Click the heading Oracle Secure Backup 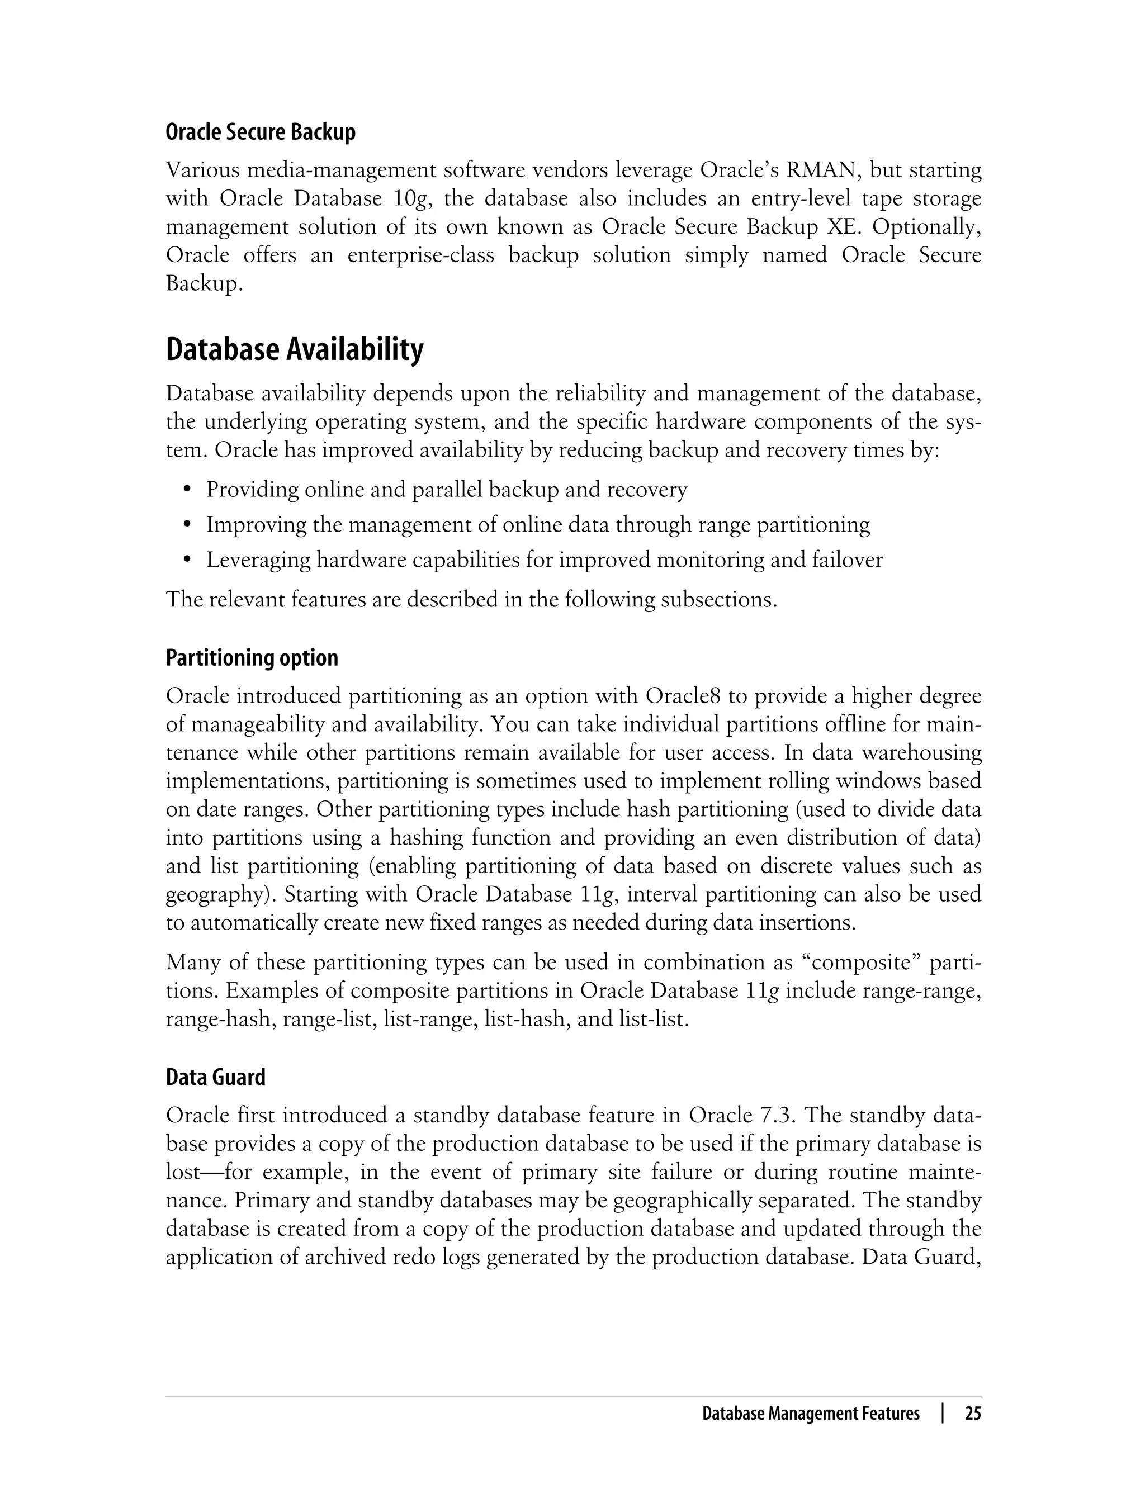(261, 132)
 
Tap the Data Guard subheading (215, 1077)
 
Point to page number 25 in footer (973, 1414)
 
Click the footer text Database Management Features (810, 1414)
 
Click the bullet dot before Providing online (187, 490)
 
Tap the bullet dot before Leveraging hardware (187, 560)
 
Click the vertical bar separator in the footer (943, 1414)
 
